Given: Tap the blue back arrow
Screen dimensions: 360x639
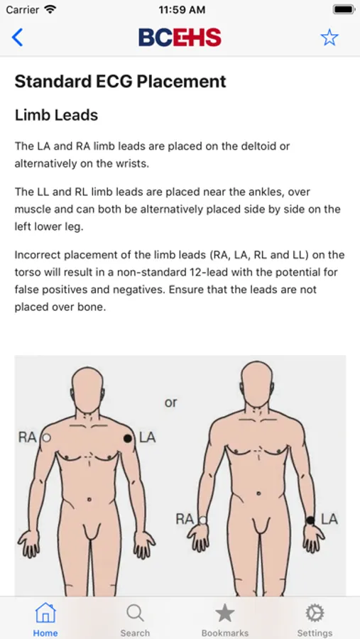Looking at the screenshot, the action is (17, 38).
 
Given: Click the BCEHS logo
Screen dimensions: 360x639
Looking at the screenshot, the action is (180, 38).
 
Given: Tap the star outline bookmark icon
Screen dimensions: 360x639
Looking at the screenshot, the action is (329, 38).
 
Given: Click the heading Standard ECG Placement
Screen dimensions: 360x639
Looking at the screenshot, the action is (120, 82).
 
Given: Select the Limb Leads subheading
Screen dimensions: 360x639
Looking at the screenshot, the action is (56, 115).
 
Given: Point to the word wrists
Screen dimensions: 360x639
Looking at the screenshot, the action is (131, 164).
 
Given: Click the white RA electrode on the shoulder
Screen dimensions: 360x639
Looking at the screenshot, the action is (46, 438).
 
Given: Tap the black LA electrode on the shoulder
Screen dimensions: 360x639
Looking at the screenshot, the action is (128, 439).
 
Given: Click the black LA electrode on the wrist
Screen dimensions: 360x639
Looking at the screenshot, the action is (310, 520).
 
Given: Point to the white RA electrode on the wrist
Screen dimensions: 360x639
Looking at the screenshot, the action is (202, 520).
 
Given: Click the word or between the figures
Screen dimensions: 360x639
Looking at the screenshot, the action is (171, 403).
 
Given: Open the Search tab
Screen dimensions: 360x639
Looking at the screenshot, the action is (135, 619).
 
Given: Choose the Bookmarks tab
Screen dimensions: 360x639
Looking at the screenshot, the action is (224, 619).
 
